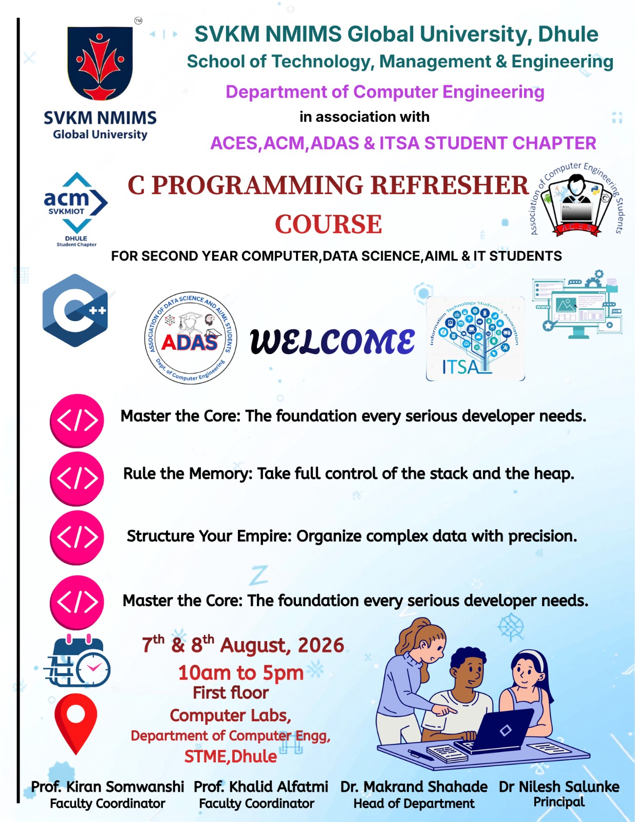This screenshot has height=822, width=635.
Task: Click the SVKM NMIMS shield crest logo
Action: pos(100,63)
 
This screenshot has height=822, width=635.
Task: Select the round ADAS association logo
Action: pos(191,338)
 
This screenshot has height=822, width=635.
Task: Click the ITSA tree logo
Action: pos(475,338)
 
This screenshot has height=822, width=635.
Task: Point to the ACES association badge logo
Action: pos(576,200)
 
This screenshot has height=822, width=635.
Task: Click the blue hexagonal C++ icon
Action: pos(75,310)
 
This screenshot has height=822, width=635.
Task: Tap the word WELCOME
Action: pos(332,341)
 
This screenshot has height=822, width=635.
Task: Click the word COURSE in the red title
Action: pos(328,224)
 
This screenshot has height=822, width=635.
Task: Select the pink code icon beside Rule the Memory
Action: pos(77,478)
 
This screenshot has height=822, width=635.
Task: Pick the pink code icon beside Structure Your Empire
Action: pos(77,537)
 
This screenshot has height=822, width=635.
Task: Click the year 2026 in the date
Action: pos(321,645)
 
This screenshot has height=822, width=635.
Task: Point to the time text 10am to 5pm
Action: pos(241,672)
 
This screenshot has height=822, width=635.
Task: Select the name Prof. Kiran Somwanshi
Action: pos(107,787)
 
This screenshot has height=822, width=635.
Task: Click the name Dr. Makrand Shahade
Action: pos(414,787)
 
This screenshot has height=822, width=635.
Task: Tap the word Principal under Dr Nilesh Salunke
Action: pos(559,801)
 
